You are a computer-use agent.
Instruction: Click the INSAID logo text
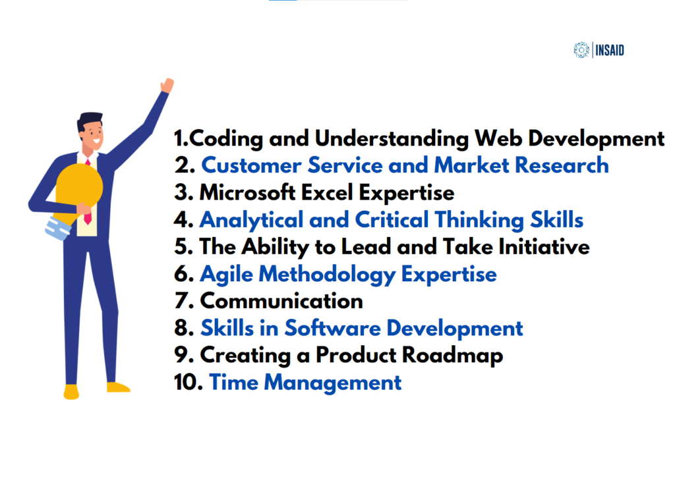[610, 49]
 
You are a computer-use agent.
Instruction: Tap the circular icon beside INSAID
[581, 49]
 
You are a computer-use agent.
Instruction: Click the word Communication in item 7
[281, 300]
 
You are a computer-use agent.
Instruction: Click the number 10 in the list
[187, 382]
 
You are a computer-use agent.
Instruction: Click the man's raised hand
[167, 85]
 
